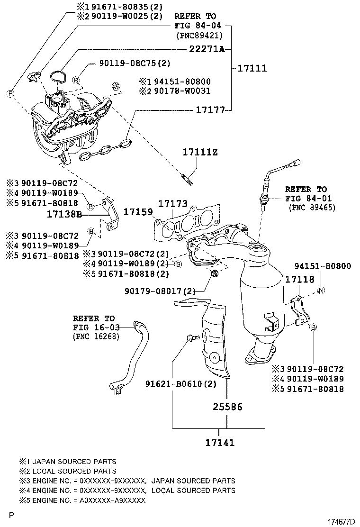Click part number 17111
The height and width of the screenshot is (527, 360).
252,68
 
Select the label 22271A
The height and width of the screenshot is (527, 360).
207,49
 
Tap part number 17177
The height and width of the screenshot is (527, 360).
210,110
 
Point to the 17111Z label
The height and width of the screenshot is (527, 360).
200,152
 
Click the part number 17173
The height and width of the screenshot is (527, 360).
172,203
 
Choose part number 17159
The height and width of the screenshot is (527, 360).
138,212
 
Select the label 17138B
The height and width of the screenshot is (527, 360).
64,214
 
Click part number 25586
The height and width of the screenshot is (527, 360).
227,407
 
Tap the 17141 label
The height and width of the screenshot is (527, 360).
220,443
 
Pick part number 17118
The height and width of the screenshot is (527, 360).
299,279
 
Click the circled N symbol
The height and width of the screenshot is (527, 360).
321,291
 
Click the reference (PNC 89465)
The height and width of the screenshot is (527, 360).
312,208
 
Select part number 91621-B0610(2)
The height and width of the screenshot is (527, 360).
180,383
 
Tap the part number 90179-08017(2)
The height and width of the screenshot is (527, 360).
160,291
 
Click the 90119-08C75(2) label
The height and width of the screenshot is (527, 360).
135,63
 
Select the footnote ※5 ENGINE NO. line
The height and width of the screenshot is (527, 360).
82,500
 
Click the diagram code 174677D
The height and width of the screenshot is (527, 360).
341,522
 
